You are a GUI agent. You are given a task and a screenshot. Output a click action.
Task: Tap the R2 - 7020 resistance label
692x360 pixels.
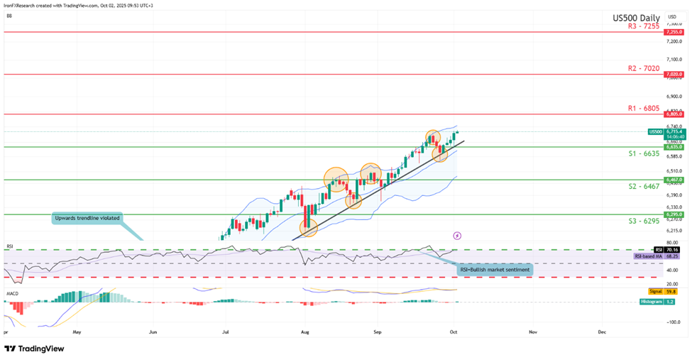(644, 68)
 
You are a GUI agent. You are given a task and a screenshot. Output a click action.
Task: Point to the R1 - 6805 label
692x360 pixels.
(644, 108)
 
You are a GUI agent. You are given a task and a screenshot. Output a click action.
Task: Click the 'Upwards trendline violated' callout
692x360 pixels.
(86, 218)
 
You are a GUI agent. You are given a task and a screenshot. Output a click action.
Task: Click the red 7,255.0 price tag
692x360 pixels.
(674, 32)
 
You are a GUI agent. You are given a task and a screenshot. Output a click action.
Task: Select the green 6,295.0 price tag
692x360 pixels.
(674, 214)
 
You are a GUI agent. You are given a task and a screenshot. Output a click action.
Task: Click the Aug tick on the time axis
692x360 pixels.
(305, 331)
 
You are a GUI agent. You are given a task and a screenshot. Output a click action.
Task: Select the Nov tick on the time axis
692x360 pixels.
(532, 331)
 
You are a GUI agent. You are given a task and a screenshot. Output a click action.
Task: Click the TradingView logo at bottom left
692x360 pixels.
(34, 349)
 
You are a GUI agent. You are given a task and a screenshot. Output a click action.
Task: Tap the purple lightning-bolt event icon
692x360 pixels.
(456, 235)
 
